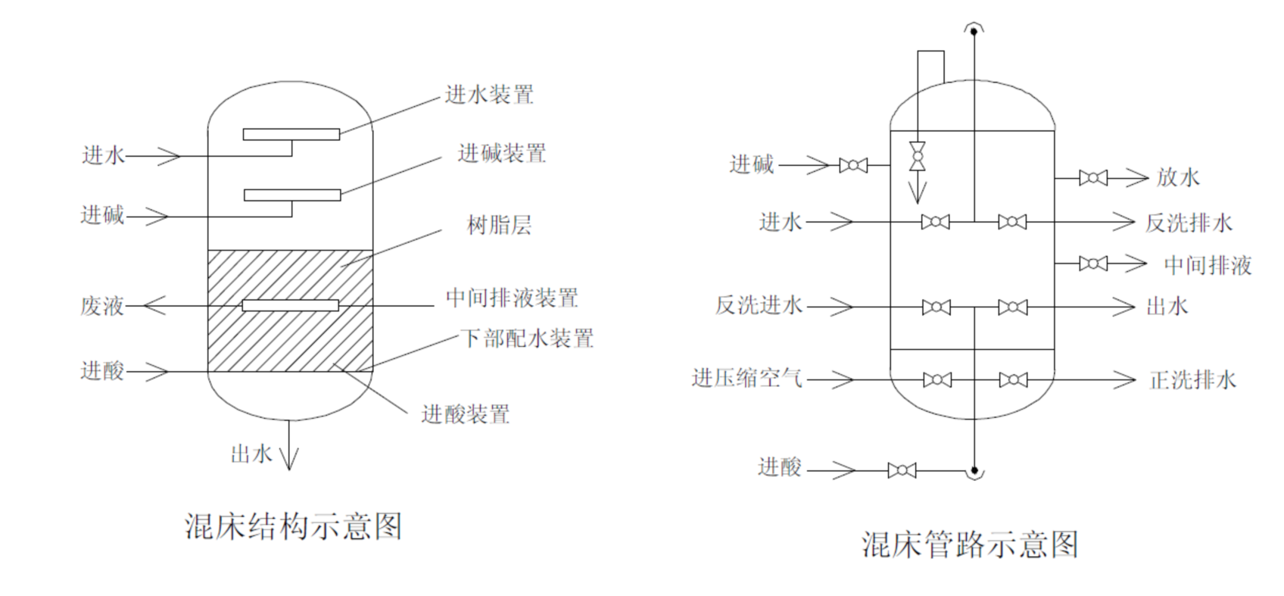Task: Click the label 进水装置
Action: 489,95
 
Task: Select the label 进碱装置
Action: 502,154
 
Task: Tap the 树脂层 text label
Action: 500,225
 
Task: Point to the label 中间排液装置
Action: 513,298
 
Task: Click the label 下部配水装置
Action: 528,338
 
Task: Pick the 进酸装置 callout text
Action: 466,414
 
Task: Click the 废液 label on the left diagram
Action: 102,306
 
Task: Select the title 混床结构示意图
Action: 293,526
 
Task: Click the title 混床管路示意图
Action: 970,544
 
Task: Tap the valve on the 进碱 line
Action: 853,165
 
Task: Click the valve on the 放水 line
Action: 1092,178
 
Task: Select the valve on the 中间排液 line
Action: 1092,264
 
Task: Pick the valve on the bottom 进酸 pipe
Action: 902,470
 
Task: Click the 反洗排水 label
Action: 1189,223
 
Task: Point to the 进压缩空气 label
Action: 746,378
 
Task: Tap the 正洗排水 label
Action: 1192,379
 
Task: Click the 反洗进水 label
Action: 759,306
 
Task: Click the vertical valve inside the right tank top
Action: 918,155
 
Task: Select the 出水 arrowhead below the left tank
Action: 288,459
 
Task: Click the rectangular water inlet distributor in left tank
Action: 291,134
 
